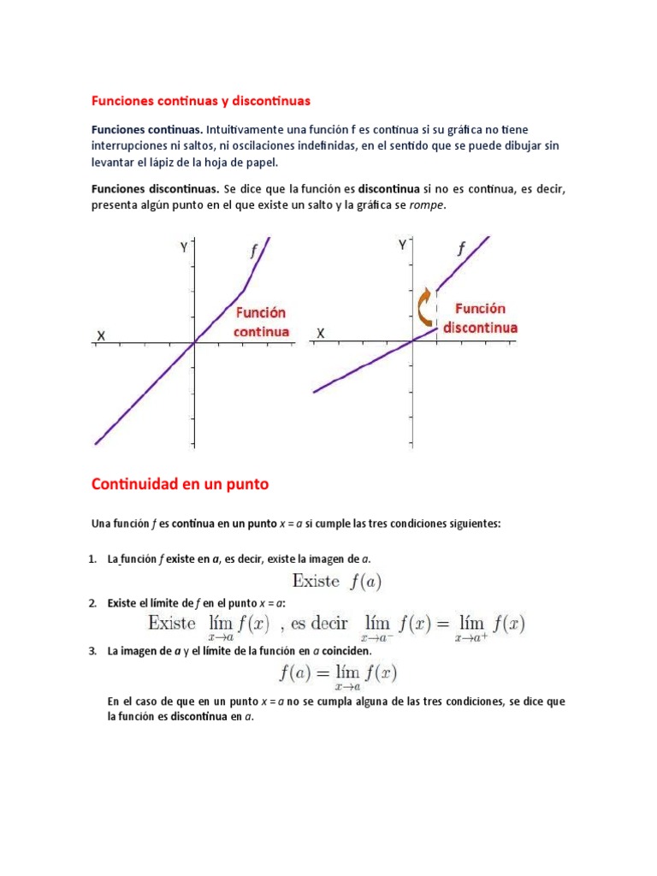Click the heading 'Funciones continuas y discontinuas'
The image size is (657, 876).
[x=201, y=101]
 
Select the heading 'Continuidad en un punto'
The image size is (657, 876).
[x=180, y=484]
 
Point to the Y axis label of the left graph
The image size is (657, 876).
[x=183, y=248]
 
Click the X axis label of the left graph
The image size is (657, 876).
[x=101, y=336]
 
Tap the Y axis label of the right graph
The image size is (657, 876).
[x=402, y=246]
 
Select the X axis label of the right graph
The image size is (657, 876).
[x=321, y=333]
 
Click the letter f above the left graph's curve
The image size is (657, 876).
[x=253, y=251]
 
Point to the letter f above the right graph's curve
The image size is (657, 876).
[x=462, y=248]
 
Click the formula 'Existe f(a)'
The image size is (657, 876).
[x=336, y=582]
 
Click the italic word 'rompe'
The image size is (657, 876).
[x=429, y=205]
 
